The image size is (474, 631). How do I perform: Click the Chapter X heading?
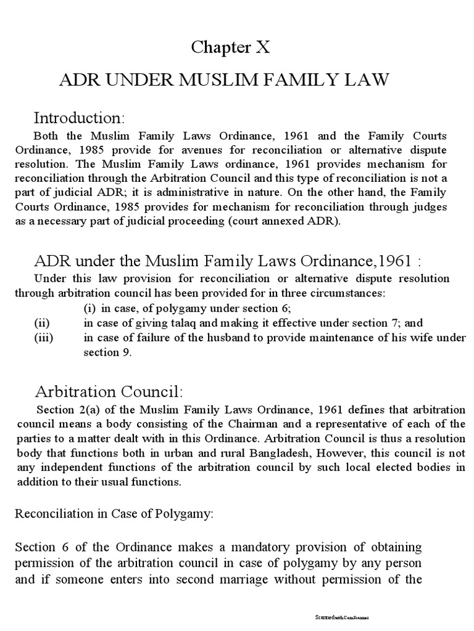(x=231, y=47)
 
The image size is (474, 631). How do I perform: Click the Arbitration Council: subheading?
(x=108, y=391)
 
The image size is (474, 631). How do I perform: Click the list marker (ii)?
(x=41, y=322)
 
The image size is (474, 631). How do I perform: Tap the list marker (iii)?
(x=43, y=337)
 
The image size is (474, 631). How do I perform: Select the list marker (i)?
(x=89, y=307)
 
